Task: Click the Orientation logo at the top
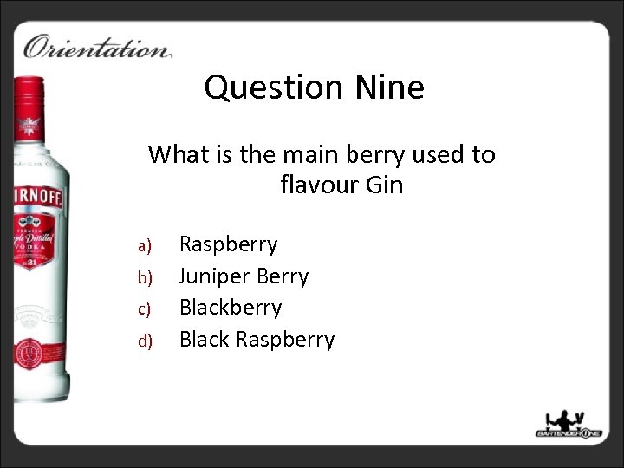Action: (97, 46)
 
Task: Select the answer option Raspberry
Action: (228, 244)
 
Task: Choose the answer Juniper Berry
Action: (244, 276)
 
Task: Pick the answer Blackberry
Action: (231, 308)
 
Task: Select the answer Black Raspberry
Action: (257, 339)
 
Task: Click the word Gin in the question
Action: (385, 185)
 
